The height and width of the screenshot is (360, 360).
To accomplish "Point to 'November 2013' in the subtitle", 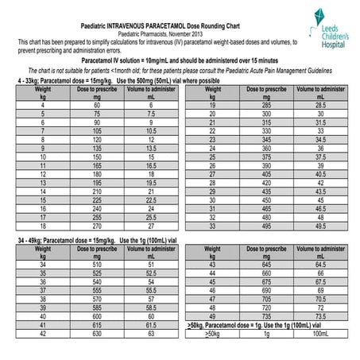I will tap(186, 33).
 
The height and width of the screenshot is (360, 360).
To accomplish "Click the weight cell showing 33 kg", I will tap(212, 226).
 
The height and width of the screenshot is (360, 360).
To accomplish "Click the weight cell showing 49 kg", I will tap(212, 316).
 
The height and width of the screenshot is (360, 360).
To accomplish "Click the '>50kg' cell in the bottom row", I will tap(212, 335).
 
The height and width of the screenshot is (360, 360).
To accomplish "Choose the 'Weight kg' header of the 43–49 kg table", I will tap(212, 254).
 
